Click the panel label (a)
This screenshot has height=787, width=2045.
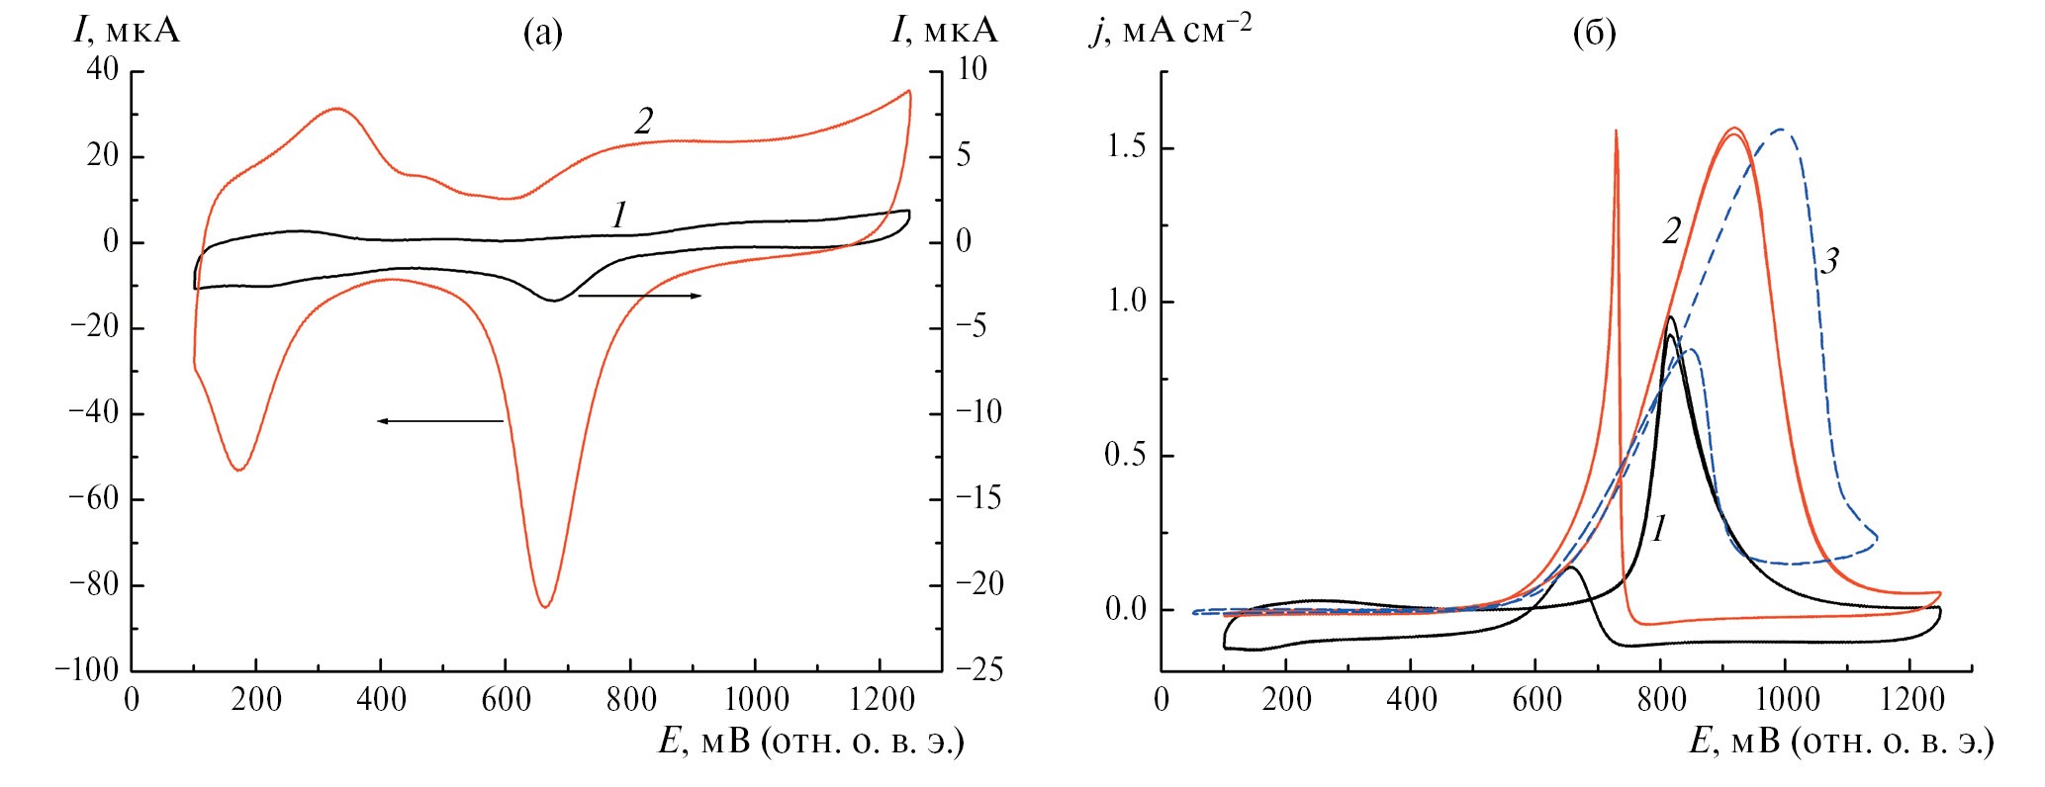[542, 35]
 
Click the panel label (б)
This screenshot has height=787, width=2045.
[1594, 35]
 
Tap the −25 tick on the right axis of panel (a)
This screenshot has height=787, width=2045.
[980, 670]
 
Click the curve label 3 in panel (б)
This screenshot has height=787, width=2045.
[1829, 262]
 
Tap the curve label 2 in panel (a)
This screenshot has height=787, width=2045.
[644, 122]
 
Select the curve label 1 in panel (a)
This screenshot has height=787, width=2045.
[619, 215]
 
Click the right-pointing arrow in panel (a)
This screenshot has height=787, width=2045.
[640, 296]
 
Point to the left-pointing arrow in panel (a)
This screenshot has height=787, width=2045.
[440, 421]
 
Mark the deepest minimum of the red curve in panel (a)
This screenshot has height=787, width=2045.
[545, 606]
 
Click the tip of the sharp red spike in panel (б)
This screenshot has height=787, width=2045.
[1616, 131]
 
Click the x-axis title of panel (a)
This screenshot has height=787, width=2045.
[811, 743]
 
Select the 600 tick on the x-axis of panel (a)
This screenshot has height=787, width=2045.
[506, 700]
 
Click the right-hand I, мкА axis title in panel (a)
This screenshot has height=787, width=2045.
[944, 32]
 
